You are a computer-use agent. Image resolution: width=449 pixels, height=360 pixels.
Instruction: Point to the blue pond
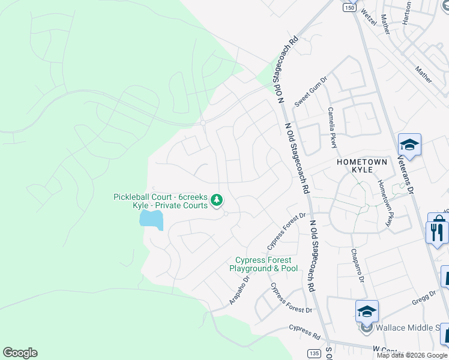(151, 218)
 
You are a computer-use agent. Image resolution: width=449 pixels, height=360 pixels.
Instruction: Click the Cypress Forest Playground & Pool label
(264, 264)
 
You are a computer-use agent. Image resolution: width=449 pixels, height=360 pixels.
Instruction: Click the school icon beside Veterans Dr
(409, 145)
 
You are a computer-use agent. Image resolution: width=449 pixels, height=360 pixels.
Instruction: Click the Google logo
(20, 353)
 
